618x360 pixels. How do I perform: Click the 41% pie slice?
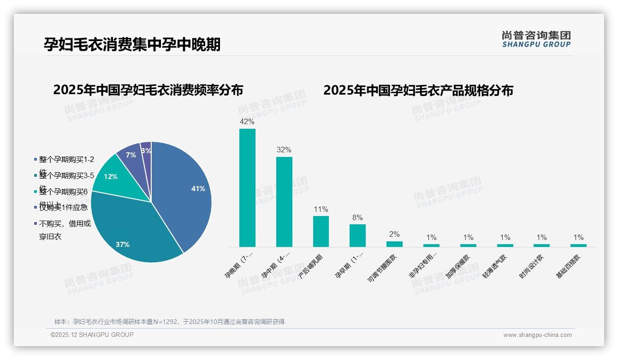coord(184,194)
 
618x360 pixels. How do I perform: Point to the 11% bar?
coord(321,231)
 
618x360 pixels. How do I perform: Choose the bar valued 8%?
coord(357,235)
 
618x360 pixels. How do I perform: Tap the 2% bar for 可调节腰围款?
coord(394,244)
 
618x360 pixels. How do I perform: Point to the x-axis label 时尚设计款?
coord(531,267)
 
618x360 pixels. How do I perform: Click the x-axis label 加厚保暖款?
coord(458,267)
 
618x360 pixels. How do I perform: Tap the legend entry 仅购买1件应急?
coord(63,207)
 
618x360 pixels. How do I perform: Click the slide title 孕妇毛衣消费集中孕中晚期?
coord(132,44)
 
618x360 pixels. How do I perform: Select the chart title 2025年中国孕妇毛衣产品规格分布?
coord(418,90)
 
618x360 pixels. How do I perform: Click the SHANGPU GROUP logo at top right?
coord(536,39)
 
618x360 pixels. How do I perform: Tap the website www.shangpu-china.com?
coord(537,335)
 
